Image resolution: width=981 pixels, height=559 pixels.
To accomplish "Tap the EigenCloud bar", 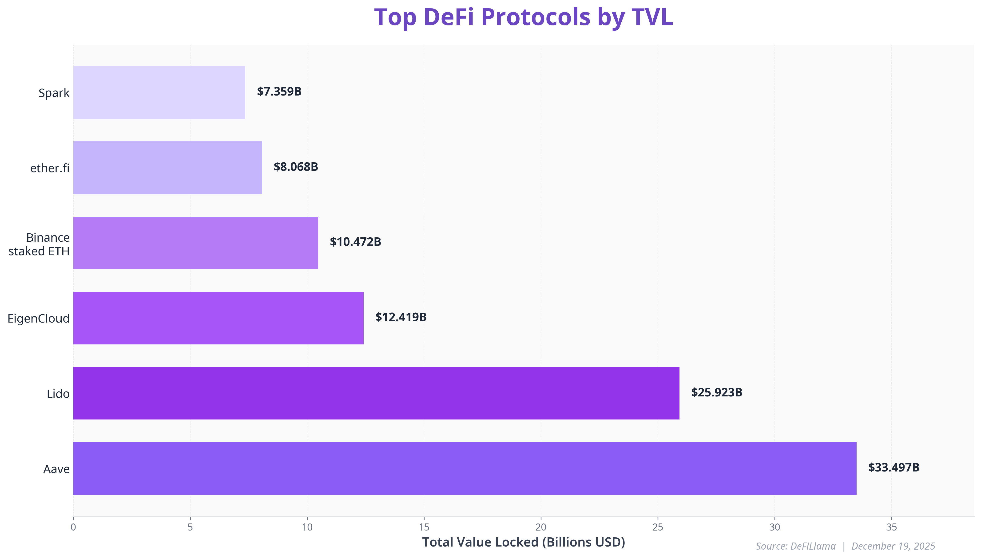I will point(218,318).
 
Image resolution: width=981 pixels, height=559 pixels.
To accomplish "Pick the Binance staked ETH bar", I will point(195,243).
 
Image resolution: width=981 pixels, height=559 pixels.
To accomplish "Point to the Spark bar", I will point(159,92).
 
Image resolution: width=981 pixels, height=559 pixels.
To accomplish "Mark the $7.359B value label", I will point(279,91).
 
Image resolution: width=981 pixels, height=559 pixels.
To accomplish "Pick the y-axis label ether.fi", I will point(50,168).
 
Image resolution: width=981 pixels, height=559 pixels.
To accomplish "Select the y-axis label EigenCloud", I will point(38,319).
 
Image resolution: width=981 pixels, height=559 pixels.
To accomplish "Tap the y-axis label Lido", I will point(58,394).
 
